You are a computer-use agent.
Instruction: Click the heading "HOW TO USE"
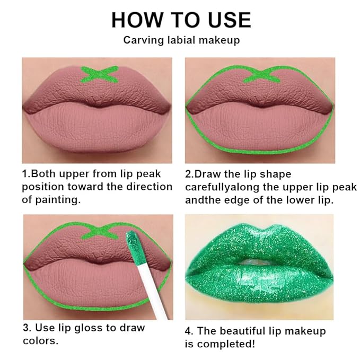(x=180, y=20)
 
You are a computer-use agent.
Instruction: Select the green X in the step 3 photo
(x=99, y=231)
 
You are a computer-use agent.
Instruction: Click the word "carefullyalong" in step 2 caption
(x=222, y=187)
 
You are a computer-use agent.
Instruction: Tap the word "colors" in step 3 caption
(x=38, y=340)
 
